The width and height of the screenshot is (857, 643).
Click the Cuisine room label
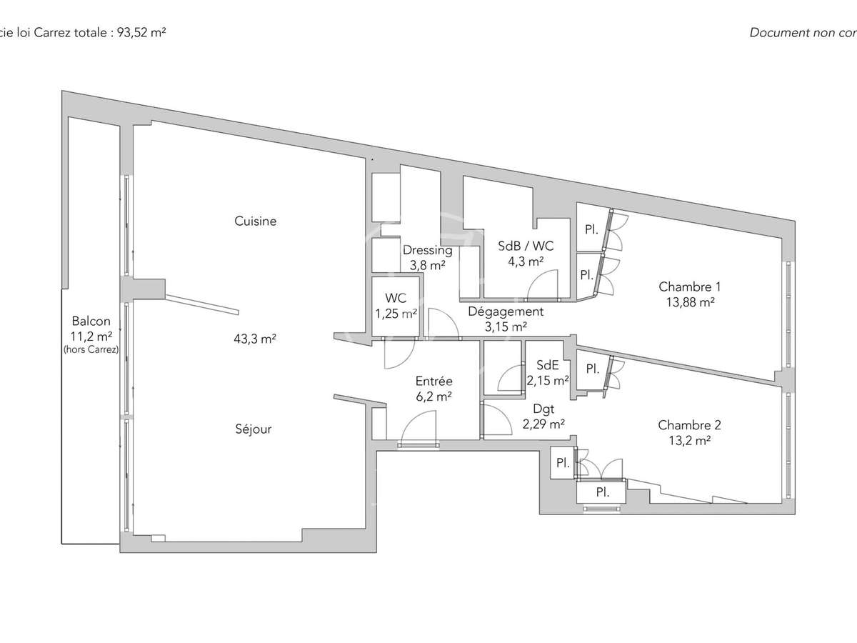255,221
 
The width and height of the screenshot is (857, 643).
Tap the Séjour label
254,429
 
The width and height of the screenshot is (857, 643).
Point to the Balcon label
91,321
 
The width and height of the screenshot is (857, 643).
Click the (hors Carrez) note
91,349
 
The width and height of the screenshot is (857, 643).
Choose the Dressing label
427,251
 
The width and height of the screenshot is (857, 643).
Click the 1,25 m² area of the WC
395,314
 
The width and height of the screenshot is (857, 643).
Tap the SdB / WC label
526,246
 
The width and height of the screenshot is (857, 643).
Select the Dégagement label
506,311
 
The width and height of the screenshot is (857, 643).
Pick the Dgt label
543,409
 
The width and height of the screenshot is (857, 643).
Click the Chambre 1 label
689,287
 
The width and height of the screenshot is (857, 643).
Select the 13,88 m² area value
689,302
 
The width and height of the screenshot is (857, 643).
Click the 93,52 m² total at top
140,32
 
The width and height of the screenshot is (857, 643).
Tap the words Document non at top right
793,32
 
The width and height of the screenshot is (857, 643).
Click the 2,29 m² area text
543,424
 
